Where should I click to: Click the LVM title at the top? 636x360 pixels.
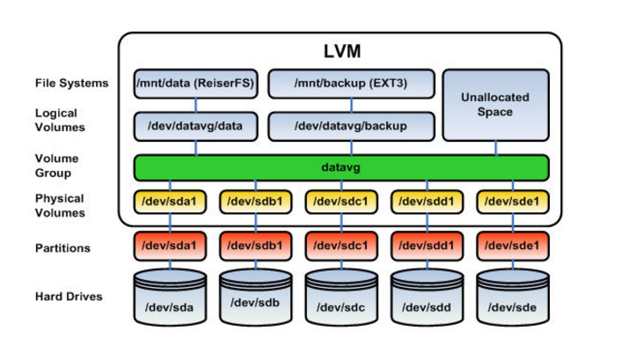click(340, 52)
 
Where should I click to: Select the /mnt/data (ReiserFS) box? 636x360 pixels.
click(194, 84)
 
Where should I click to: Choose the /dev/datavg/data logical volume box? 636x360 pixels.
click(194, 126)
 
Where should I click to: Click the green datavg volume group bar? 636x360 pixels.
click(340, 166)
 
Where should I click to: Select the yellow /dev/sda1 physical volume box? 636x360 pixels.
click(169, 202)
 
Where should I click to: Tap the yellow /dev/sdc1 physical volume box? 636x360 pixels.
click(340, 202)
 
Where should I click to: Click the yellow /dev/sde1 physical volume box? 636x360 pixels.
click(513, 202)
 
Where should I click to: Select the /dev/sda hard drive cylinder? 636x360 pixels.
click(169, 299)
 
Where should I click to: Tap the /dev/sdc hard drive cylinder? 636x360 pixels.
click(340, 299)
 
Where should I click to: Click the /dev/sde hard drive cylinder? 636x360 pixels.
click(513, 299)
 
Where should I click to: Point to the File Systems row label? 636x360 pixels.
click(72, 84)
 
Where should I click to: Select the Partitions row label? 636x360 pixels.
click(62, 248)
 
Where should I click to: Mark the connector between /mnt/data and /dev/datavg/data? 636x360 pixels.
click(194, 105)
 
